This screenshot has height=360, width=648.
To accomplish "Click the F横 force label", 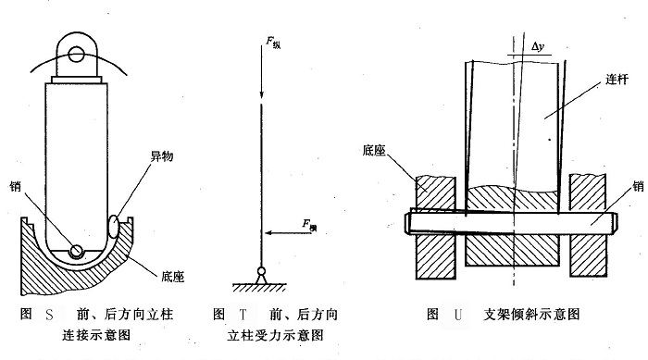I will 309,223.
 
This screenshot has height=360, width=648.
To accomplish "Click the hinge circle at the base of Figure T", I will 263,271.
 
